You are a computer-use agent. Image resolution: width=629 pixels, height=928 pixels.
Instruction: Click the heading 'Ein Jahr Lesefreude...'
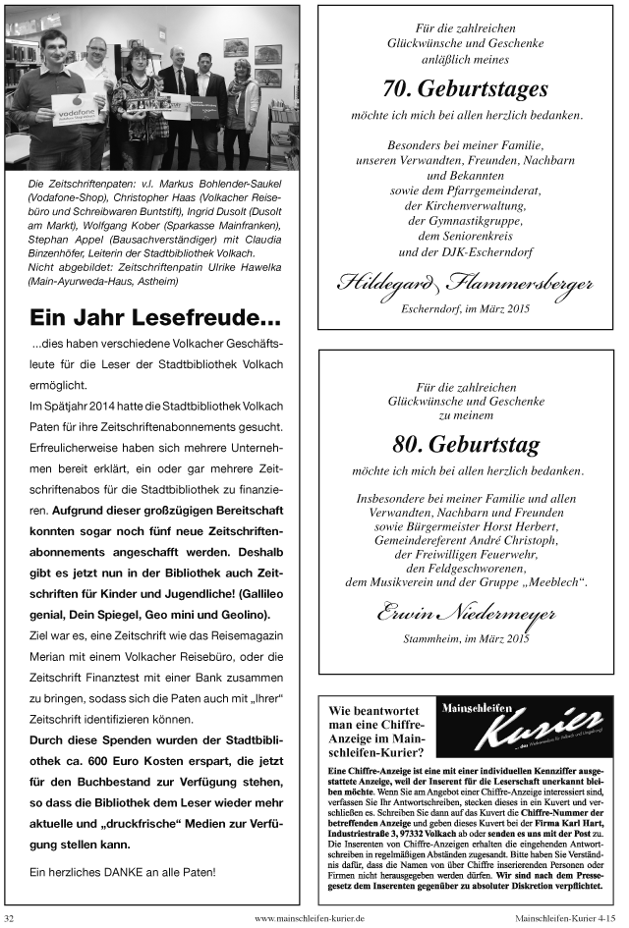154,318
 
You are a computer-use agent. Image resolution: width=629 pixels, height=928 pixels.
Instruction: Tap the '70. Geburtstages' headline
465,89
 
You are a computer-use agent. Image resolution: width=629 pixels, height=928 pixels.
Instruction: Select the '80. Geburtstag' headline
465,445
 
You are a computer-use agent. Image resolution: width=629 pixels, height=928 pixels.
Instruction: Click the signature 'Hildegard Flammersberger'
465,284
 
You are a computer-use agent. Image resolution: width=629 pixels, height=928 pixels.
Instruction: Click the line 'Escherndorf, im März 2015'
465,308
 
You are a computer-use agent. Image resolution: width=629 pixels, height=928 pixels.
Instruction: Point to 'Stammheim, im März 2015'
465,638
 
